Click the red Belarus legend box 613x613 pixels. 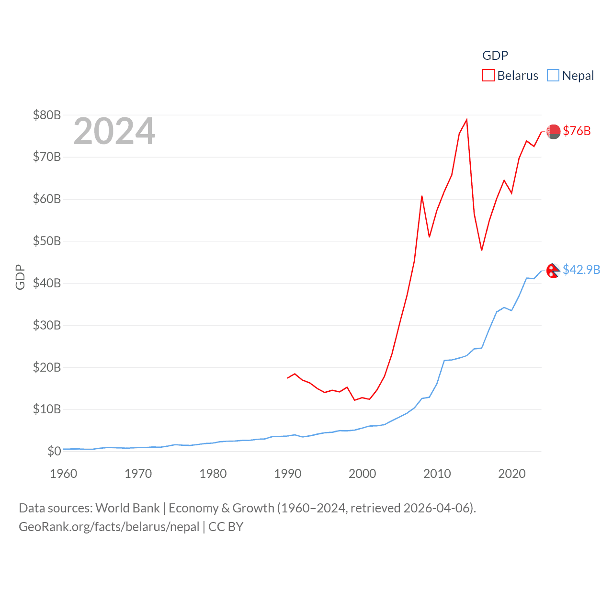pos(488,76)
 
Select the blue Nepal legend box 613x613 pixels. pos(553,76)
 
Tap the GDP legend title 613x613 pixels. pos(495,56)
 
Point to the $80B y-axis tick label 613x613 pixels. pos(47,115)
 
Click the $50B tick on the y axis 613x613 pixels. pos(47,241)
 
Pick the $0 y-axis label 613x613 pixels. pos(54,451)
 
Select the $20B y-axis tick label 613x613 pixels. pos(47,367)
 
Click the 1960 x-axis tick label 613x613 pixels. pos(64,474)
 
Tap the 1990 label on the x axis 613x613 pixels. pos(288,474)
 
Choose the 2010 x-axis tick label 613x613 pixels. pos(437,474)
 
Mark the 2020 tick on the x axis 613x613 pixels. pos(512,474)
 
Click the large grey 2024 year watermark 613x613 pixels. pos(114,131)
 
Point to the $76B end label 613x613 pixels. pos(577,131)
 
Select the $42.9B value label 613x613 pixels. pos(581,270)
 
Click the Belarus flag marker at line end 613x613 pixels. pos(554,131)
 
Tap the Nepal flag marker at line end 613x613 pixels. pos(553,271)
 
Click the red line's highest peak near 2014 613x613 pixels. pos(466,120)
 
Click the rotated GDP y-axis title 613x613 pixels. pos(20,277)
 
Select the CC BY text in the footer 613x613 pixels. pos(226,527)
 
